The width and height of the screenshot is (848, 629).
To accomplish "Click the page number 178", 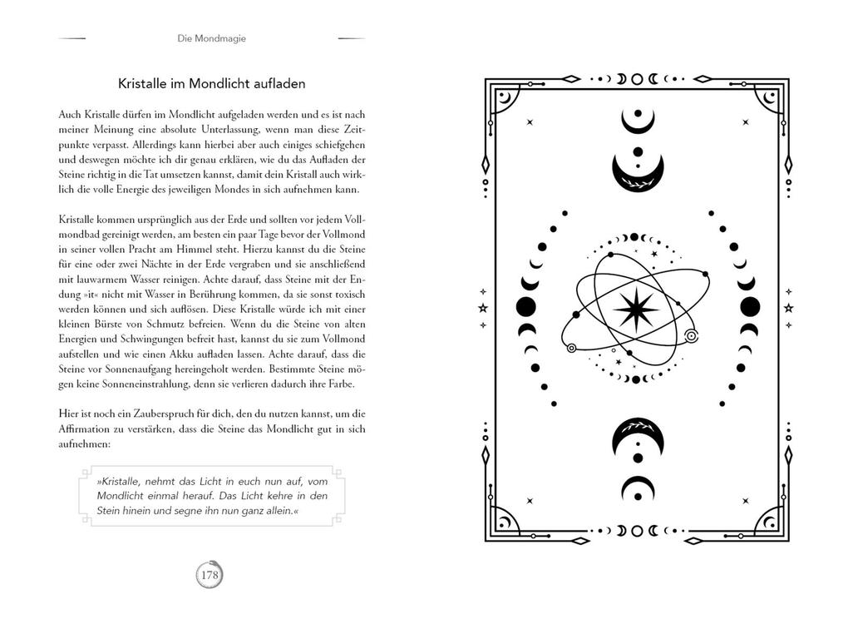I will [x=210, y=574].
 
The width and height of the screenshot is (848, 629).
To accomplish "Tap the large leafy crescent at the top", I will [x=637, y=173].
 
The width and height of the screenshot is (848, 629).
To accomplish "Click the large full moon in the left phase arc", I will [x=526, y=306].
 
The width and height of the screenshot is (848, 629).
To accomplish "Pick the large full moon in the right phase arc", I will [x=750, y=306].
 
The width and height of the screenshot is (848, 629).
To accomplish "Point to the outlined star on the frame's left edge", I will [x=483, y=308].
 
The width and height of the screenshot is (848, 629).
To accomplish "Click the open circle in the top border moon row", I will [x=637, y=79].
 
